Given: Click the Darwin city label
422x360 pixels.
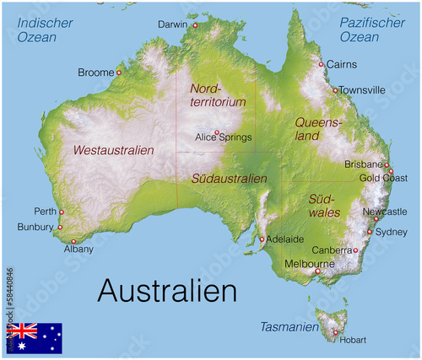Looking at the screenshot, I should tap(173, 24).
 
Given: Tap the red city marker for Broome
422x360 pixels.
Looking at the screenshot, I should tap(119, 73).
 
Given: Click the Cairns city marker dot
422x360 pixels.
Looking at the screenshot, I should tap(321, 64).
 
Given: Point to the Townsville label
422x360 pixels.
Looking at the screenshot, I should tap(363, 89).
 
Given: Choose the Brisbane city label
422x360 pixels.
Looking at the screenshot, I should tap(364, 164).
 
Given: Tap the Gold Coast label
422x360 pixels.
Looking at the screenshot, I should tap(382, 179).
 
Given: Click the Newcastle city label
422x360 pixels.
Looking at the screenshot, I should tap(384, 212).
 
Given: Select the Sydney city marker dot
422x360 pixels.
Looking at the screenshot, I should tap(370, 231).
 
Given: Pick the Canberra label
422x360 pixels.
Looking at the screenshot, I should tap(331, 250).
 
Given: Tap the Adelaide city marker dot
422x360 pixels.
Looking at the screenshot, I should tap(263, 239).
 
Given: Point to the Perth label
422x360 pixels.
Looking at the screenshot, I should tap(45, 212).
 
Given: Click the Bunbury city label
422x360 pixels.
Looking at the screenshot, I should tap(35, 227).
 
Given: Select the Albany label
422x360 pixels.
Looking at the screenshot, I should tap(78, 250).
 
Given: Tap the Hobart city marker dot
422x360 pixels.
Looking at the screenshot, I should tap(335, 332).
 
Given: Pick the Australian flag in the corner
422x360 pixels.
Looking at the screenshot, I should tap(35, 337).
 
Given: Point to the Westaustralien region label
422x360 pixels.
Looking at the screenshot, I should tap(114, 150).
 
